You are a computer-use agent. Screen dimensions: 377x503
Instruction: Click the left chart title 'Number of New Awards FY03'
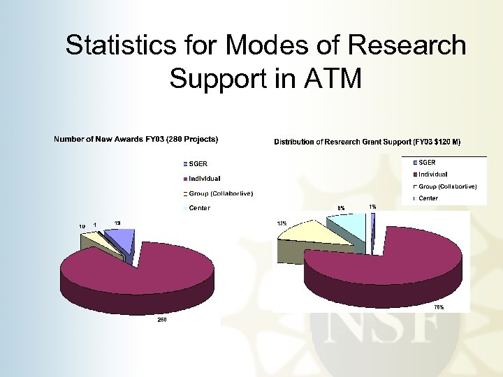136,139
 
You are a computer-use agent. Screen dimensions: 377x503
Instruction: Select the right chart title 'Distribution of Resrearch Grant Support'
367,142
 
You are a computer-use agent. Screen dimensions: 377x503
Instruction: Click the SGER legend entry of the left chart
200,164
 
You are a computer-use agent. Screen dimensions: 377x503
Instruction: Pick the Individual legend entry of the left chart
205,178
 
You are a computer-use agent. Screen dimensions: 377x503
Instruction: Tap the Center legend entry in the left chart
200,207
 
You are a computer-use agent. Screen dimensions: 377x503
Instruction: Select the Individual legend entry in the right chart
433,174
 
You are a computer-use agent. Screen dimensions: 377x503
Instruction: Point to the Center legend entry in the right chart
428,198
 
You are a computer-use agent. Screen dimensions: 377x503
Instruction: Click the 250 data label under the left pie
161,320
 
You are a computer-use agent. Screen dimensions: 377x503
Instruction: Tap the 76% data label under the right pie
439,306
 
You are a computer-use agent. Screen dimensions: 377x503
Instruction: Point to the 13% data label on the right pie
282,223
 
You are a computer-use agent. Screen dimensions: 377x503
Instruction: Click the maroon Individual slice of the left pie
126,269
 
